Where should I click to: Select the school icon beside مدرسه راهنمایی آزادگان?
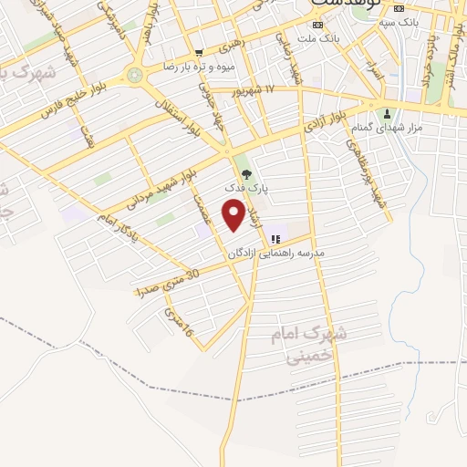[x=275, y=239]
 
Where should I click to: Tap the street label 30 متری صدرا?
[x=167, y=284]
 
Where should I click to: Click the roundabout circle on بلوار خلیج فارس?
[x=135, y=76]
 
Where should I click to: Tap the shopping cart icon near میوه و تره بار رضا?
[x=199, y=53]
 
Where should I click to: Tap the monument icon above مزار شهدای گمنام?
[x=389, y=115]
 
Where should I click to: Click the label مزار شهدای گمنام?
[x=389, y=130]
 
